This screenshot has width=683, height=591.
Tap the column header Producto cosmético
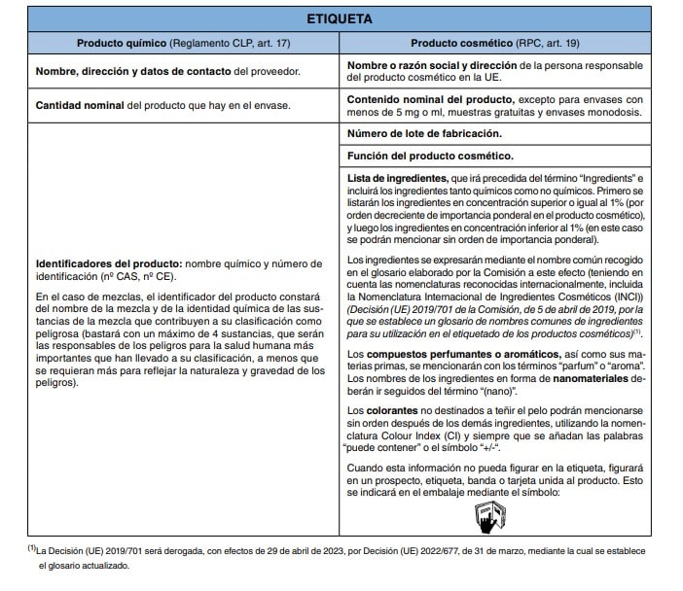[454, 45]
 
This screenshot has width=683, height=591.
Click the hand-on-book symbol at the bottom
[485, 516]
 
